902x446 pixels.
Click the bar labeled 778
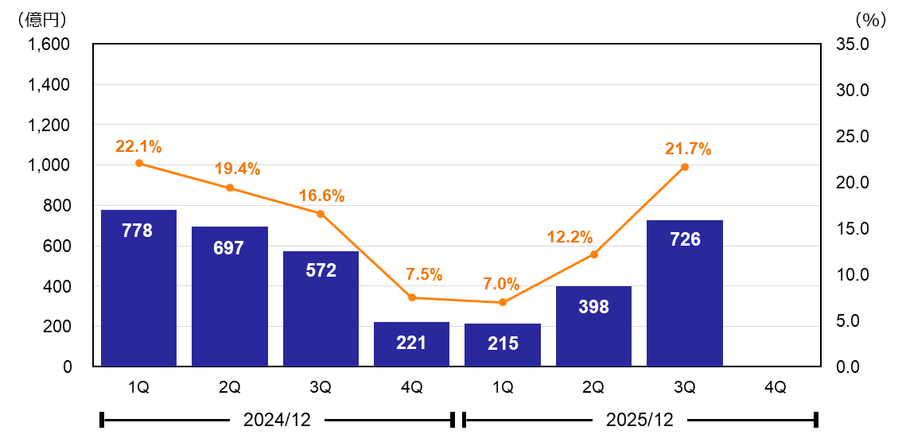(139, 288)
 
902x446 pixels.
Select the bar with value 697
(230, 297)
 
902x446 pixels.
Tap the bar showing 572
(321, 308)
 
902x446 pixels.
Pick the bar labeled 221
(411, 344)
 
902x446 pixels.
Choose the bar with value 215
(503, 345)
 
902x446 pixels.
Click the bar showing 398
(593, 326)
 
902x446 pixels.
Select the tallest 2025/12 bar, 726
(685, 293)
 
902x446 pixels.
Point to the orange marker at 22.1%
(139, 163)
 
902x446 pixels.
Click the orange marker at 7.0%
(503, 302)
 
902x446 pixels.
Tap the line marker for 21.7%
(685, 167)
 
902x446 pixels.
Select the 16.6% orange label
(321, 196)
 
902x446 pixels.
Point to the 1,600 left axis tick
(50, 44)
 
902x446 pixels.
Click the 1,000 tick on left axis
(50, 165)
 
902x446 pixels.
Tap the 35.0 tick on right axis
(853, 44)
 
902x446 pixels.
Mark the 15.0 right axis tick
(853, 228)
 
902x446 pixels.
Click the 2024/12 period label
(277, 420)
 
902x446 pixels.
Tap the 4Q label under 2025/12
(775, 387)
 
